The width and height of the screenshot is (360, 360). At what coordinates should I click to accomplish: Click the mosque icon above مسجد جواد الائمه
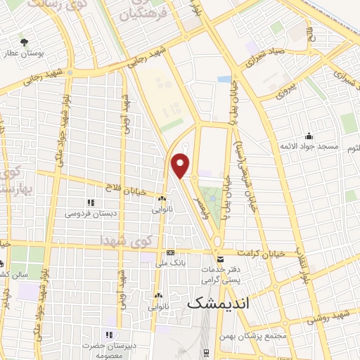point(308,136)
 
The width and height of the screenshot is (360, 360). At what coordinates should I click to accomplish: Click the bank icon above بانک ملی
point(170,253)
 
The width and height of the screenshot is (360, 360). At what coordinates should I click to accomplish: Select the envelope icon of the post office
point(221,260)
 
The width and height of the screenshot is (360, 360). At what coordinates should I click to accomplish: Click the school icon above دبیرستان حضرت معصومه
point(109,335)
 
